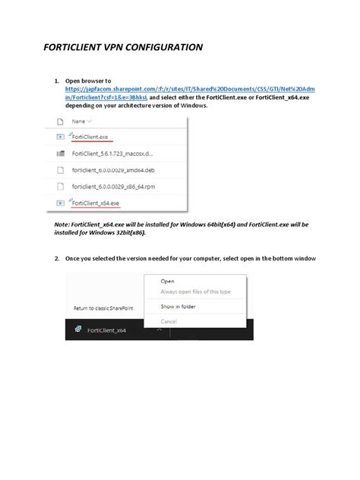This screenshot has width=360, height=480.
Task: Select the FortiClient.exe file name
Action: point(91,137)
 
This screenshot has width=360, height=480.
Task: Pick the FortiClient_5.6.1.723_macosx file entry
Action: point(107,153)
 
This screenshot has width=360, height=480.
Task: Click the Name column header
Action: point(79,121)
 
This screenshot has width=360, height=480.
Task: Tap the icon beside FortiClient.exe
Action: point(60,137)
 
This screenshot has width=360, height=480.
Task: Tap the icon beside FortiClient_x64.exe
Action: point(60,203)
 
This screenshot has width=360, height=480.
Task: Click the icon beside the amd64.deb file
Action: point(60,170)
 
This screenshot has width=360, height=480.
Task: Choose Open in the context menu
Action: point(167,281)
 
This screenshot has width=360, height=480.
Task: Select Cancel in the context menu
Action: point(169,321)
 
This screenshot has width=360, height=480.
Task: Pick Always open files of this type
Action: point(194,292)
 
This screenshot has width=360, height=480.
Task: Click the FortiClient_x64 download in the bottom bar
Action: point(106,330)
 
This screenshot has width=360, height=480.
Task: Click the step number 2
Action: point(57,259)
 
